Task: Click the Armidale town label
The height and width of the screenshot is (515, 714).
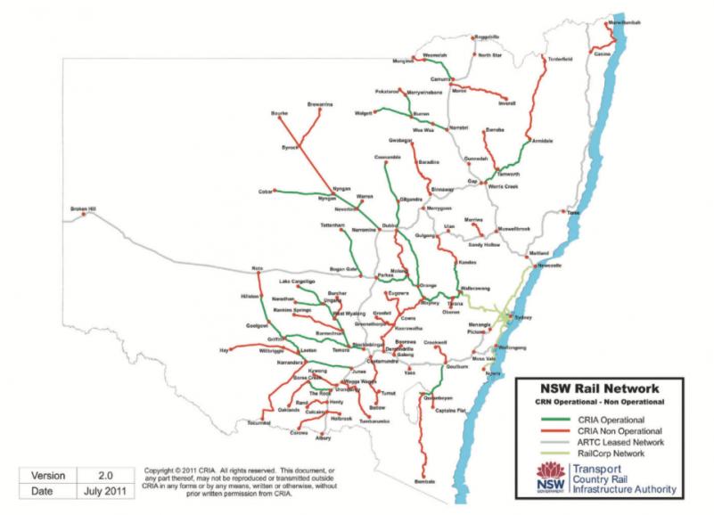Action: pos(543,141)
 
